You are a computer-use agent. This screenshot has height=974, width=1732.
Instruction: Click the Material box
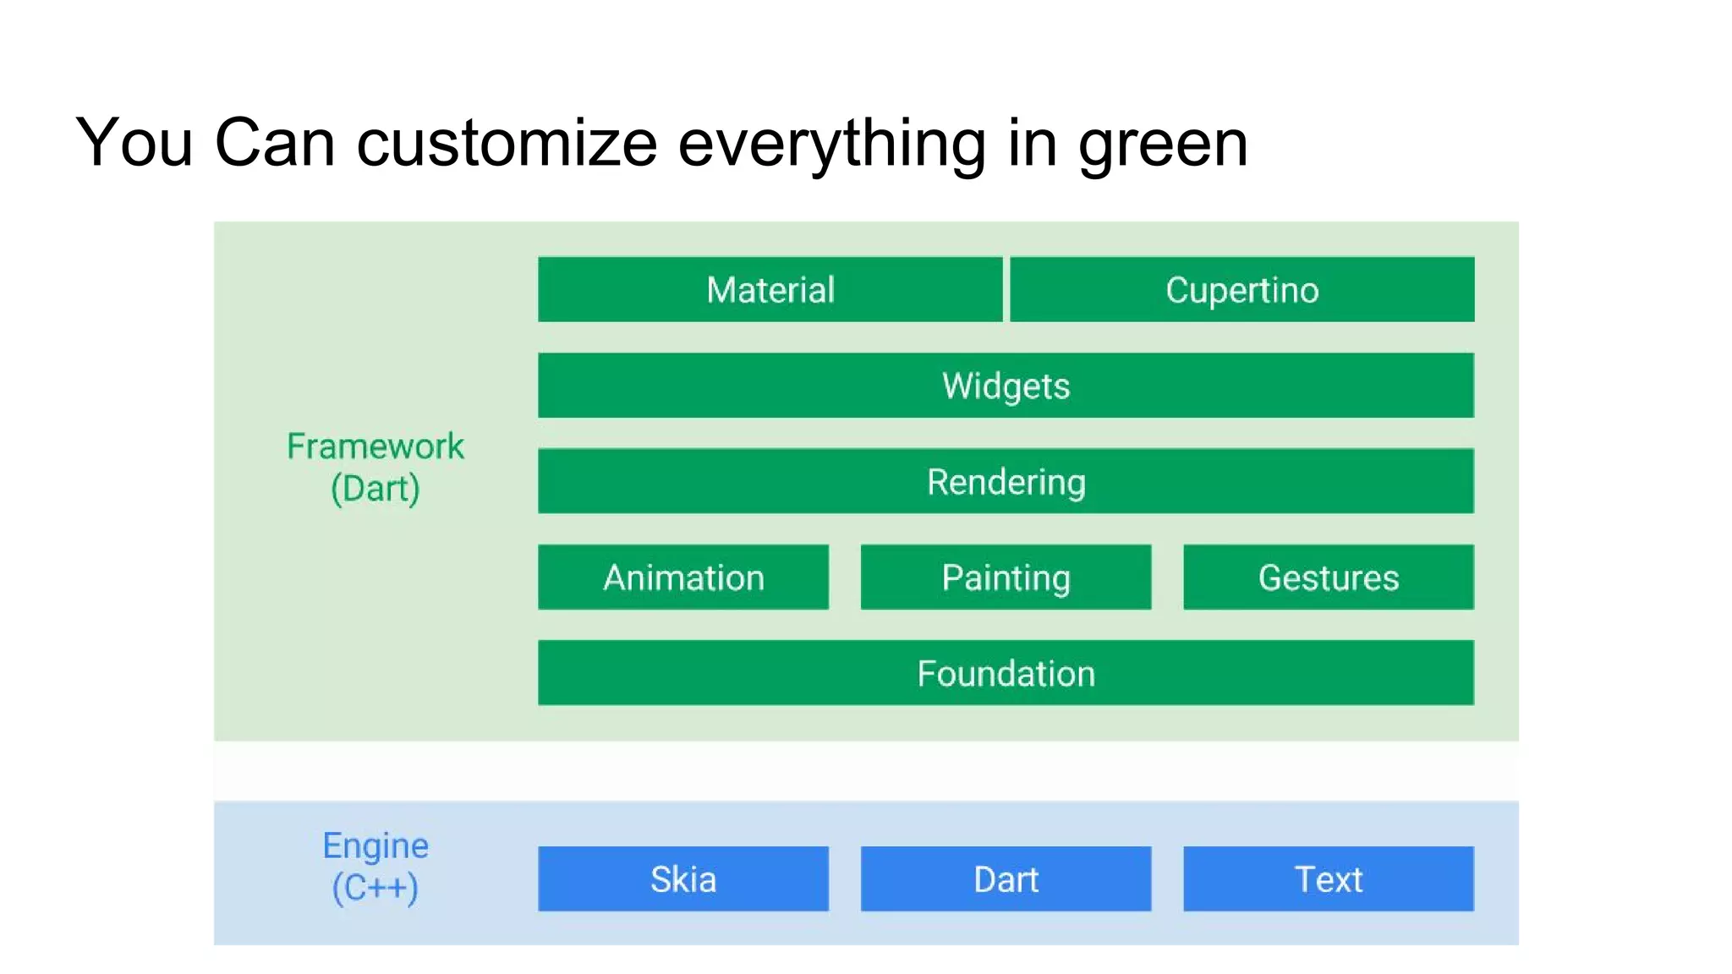[770, 289]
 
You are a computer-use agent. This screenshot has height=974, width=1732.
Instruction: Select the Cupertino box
[1241, 289]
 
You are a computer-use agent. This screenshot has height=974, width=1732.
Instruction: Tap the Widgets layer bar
[1006, 386]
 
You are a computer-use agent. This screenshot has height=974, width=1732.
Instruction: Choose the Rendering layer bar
[1006, 481]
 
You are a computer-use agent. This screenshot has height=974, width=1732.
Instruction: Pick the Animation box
[683, 577]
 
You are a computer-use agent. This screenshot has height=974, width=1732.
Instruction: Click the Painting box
[1006, 577]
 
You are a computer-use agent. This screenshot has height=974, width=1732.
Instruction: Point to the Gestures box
[1328, 577]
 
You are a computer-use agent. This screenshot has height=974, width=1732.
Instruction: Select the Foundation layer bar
[1006, 673]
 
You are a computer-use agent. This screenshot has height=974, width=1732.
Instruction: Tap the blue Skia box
[683, 878]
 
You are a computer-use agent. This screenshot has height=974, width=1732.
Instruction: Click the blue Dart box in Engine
[1006, 878]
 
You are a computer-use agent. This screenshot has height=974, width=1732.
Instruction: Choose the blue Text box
[1328, 878]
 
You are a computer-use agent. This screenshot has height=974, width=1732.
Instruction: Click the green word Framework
[375, 446]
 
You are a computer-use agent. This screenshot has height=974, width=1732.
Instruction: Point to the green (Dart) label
[375, 489]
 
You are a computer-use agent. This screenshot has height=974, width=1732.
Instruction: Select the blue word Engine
[375, 845]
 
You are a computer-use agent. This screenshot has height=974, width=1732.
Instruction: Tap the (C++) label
[375, 888]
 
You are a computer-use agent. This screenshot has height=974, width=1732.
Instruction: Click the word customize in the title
[507, 143]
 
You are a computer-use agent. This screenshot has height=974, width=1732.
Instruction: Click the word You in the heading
[134, 142]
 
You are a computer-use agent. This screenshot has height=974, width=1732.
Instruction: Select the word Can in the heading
[275, 142]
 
